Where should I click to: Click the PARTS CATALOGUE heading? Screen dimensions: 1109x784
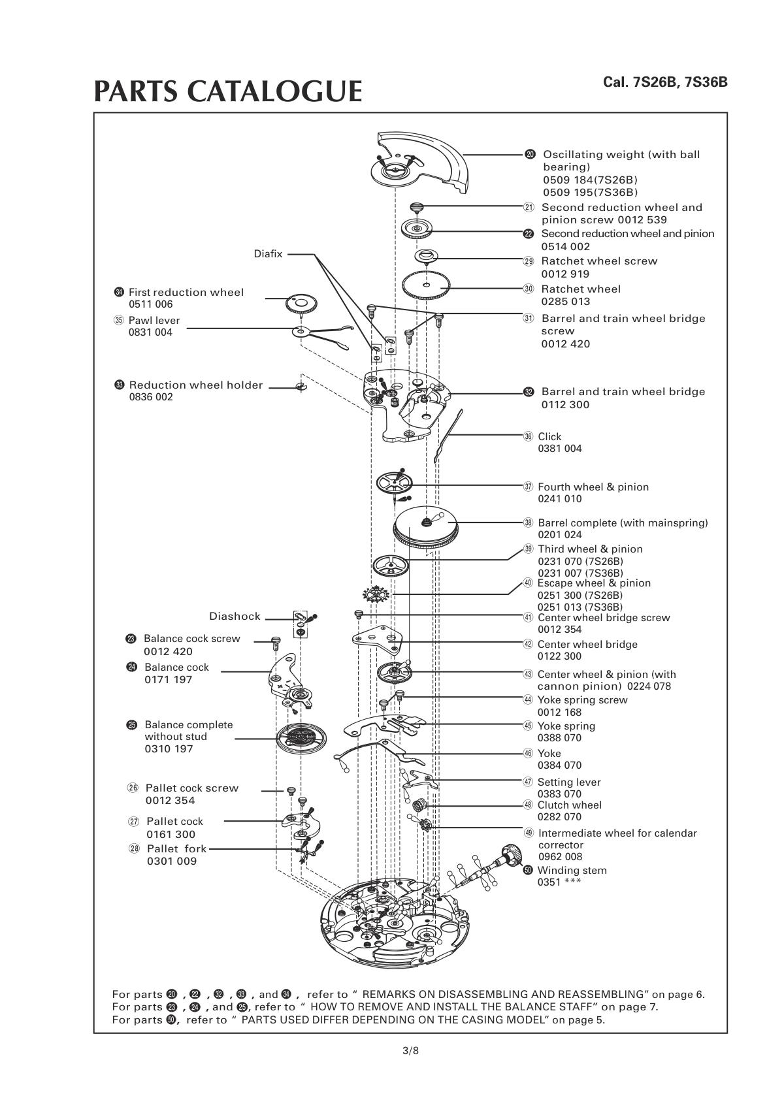(227, 91)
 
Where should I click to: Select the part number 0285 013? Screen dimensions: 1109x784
(565, 302)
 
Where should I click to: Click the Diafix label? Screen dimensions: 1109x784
(268, 254)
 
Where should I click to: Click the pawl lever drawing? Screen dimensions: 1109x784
(320, 334)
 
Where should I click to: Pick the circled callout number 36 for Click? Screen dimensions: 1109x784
(529, 436)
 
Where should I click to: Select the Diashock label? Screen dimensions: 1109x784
(235, 617)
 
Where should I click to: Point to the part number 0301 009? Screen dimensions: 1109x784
(172, 861)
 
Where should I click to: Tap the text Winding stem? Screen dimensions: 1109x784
(572, 871)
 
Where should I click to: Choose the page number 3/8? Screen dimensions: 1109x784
(410, 1051)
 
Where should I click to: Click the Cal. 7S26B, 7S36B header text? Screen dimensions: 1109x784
(665, 83)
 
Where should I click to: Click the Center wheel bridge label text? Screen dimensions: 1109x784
(587, 645)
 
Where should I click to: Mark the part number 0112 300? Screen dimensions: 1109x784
(565, 405)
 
